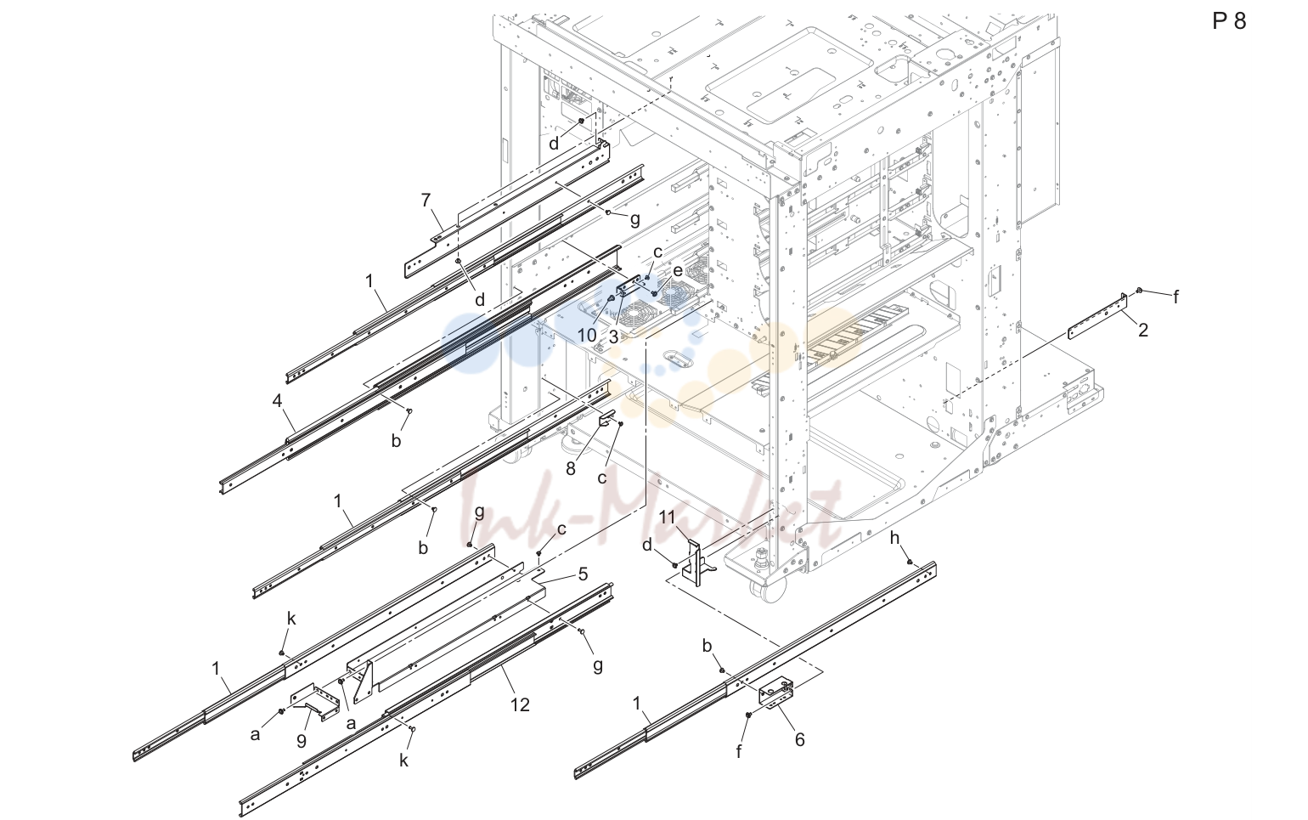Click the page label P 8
pos(1229,21)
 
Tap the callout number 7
pos(426,201)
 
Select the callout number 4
pos(278,401)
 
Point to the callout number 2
pos(1143,331)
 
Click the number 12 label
pos(520,705)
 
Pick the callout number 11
pos(667,517)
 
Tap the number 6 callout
pos(799,740)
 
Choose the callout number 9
pos(302,741)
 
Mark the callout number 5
pos(583,574)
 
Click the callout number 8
pos(571,468)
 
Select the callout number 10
pos(588,336)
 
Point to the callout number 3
pos(613,336)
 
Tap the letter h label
pos(894,538)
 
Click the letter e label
pos(678,270)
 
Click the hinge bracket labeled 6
pos(776,692)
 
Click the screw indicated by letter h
pos(910,562)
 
